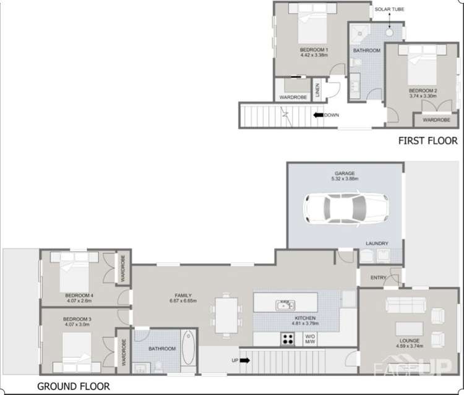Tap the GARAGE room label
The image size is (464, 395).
(x=345, y=174)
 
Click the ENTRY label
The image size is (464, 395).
(x=378, y=278)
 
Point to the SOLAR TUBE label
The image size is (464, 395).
(x=390, y=10)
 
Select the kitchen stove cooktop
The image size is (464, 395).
(x=288, y=338)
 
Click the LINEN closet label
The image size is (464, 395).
(x=316, y=90)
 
